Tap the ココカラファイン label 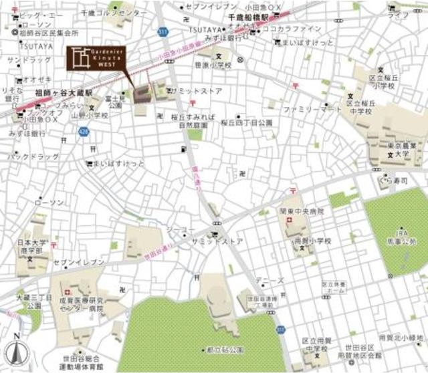292,29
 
